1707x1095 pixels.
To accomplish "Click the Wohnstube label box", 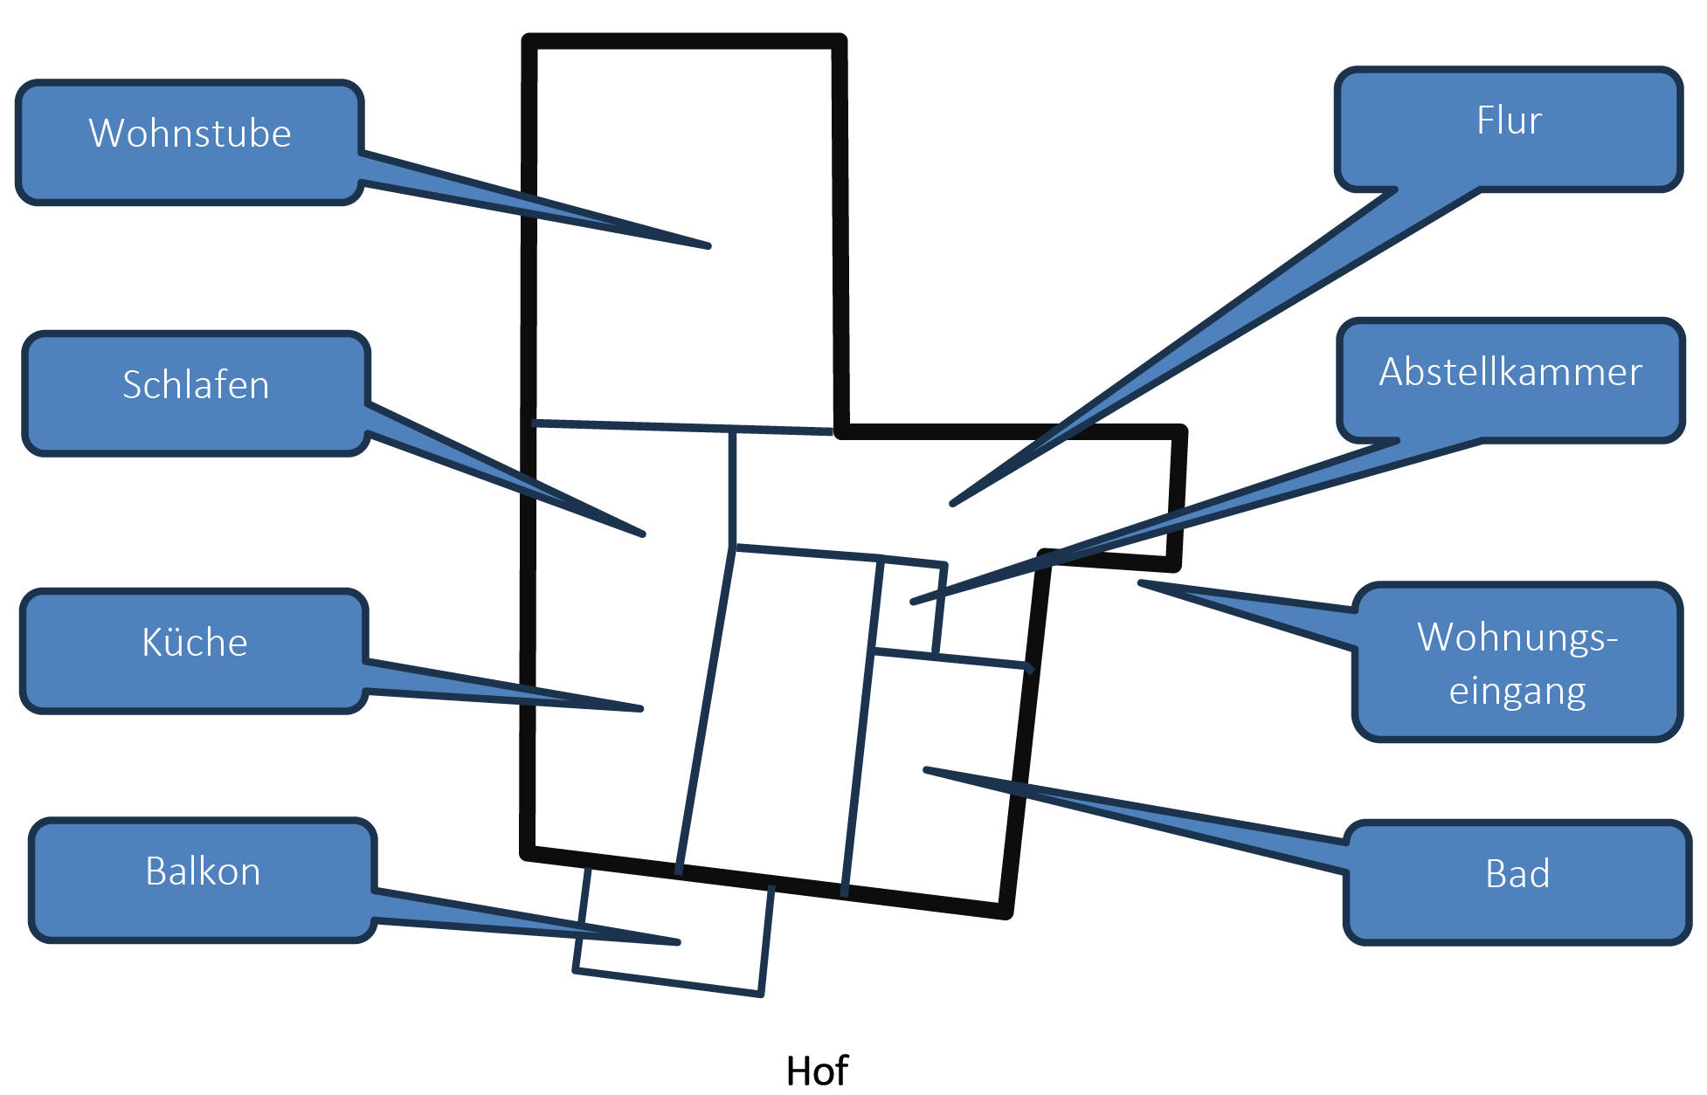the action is pos(190,143).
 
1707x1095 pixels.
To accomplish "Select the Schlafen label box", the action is pos(196,394).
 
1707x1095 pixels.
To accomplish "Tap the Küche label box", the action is pos(194,651).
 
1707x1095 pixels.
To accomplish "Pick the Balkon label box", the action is pos(203,881).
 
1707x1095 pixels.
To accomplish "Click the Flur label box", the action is pos(1509,129).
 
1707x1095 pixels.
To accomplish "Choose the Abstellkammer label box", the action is pos(1510,381).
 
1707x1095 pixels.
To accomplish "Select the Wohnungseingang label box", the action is pos(1517,662).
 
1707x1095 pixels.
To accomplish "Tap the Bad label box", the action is pos(1517,883).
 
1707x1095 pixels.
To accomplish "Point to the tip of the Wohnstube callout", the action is pos(709,246).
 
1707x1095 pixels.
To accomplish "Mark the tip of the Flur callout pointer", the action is pos(952,504).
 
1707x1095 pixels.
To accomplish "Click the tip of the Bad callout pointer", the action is pos(925,769).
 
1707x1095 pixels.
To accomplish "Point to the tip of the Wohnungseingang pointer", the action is pos(1139,582).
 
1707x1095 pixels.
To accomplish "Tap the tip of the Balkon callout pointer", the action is pos(679,942).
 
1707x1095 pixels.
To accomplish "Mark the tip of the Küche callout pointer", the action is pos(642,708).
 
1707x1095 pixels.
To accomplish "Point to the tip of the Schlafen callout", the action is pos(644,534).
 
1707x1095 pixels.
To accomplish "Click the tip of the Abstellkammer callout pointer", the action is pos(912,602).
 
